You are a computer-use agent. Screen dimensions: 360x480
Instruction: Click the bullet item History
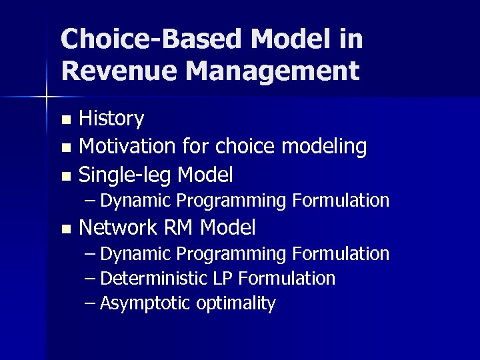pyautogui.click(x=111, y=119)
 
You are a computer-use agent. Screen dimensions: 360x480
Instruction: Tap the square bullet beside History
pyautogui.click(x=65, y=121)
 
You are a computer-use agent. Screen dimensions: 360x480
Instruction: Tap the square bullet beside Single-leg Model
pyautogui.click(x=65, y=177)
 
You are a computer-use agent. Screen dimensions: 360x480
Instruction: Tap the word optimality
pyautogui.click(x=236, y=303)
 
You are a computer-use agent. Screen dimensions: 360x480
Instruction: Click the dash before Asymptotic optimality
pyautogui.click(x=91, y=303)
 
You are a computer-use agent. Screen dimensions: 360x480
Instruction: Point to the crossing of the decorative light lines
pyautogui.click(x=47, y=97)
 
